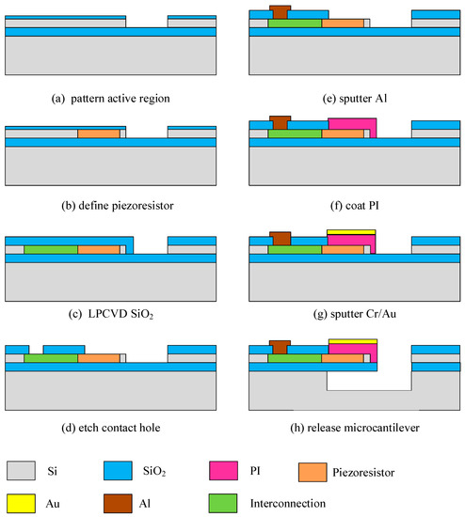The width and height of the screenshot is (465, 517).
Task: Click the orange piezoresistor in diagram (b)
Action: point(98,134)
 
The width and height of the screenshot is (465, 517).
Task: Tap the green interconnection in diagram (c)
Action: point(50,251)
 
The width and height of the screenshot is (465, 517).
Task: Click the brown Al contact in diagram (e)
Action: point(279,13)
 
